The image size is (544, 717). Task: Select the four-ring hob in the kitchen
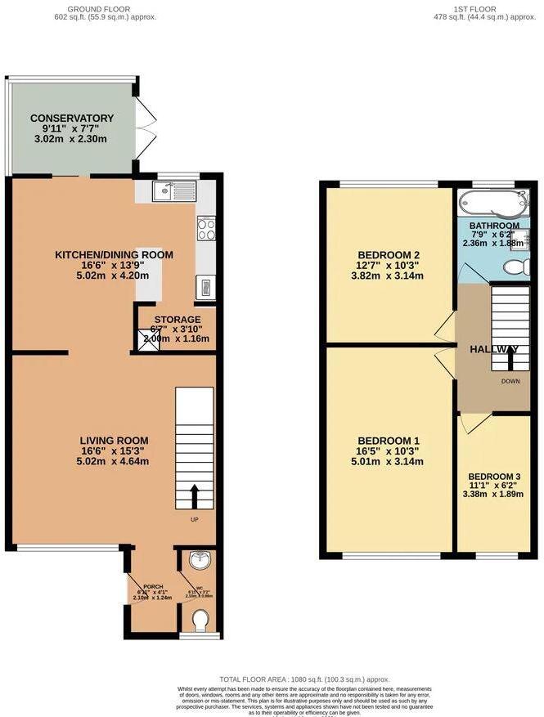tap(205, 231)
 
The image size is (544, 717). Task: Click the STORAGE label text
tap(178, 320)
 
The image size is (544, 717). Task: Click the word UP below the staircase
tap(195, 519)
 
